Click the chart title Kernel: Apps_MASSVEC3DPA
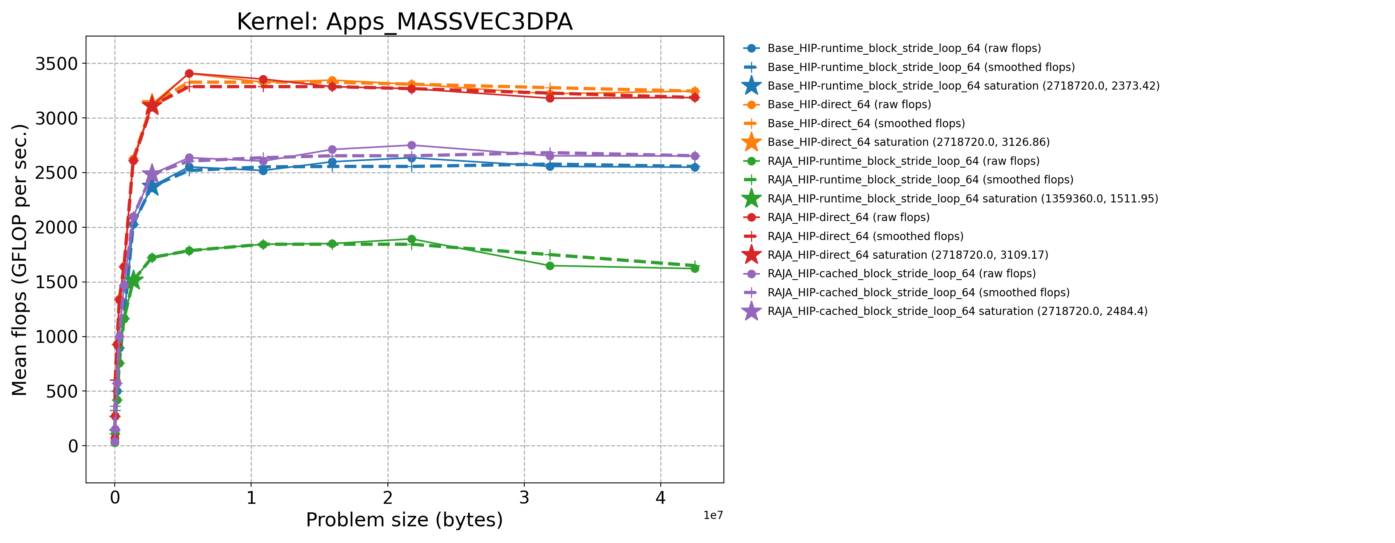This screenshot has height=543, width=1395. [405, 22]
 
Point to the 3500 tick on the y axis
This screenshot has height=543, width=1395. [56, 64]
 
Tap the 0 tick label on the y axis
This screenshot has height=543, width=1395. [73, 446]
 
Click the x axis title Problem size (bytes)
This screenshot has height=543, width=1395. [405, 520]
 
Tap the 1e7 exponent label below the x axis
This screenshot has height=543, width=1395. [713, 515]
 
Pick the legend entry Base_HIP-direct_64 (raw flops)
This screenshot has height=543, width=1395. [849, 105]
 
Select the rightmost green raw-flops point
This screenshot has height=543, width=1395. [695, 268]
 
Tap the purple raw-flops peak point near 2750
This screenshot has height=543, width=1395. [412, 145]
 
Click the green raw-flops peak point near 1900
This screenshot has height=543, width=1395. [412, 239]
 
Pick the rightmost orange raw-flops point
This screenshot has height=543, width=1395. [695, 92]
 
